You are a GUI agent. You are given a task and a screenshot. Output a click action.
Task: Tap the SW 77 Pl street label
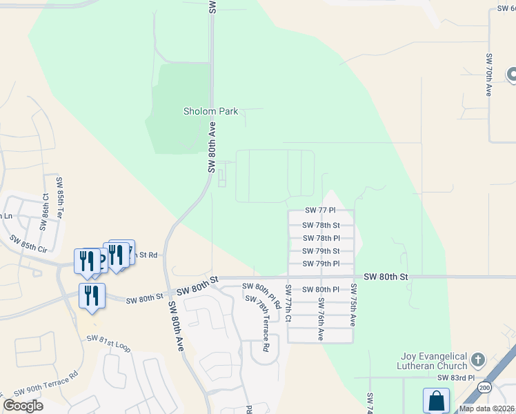320,210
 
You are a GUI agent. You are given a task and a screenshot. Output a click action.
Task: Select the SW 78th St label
321,225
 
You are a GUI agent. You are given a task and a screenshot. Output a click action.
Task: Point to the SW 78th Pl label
321,238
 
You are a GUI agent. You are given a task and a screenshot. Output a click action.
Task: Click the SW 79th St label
321,251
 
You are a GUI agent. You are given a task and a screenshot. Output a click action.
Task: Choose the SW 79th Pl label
321,264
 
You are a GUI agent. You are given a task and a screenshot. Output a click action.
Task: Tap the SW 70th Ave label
488,75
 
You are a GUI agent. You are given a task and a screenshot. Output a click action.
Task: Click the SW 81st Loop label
108,342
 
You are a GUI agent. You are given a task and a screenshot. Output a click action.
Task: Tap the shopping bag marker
436,400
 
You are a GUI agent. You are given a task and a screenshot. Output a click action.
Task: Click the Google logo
23,406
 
